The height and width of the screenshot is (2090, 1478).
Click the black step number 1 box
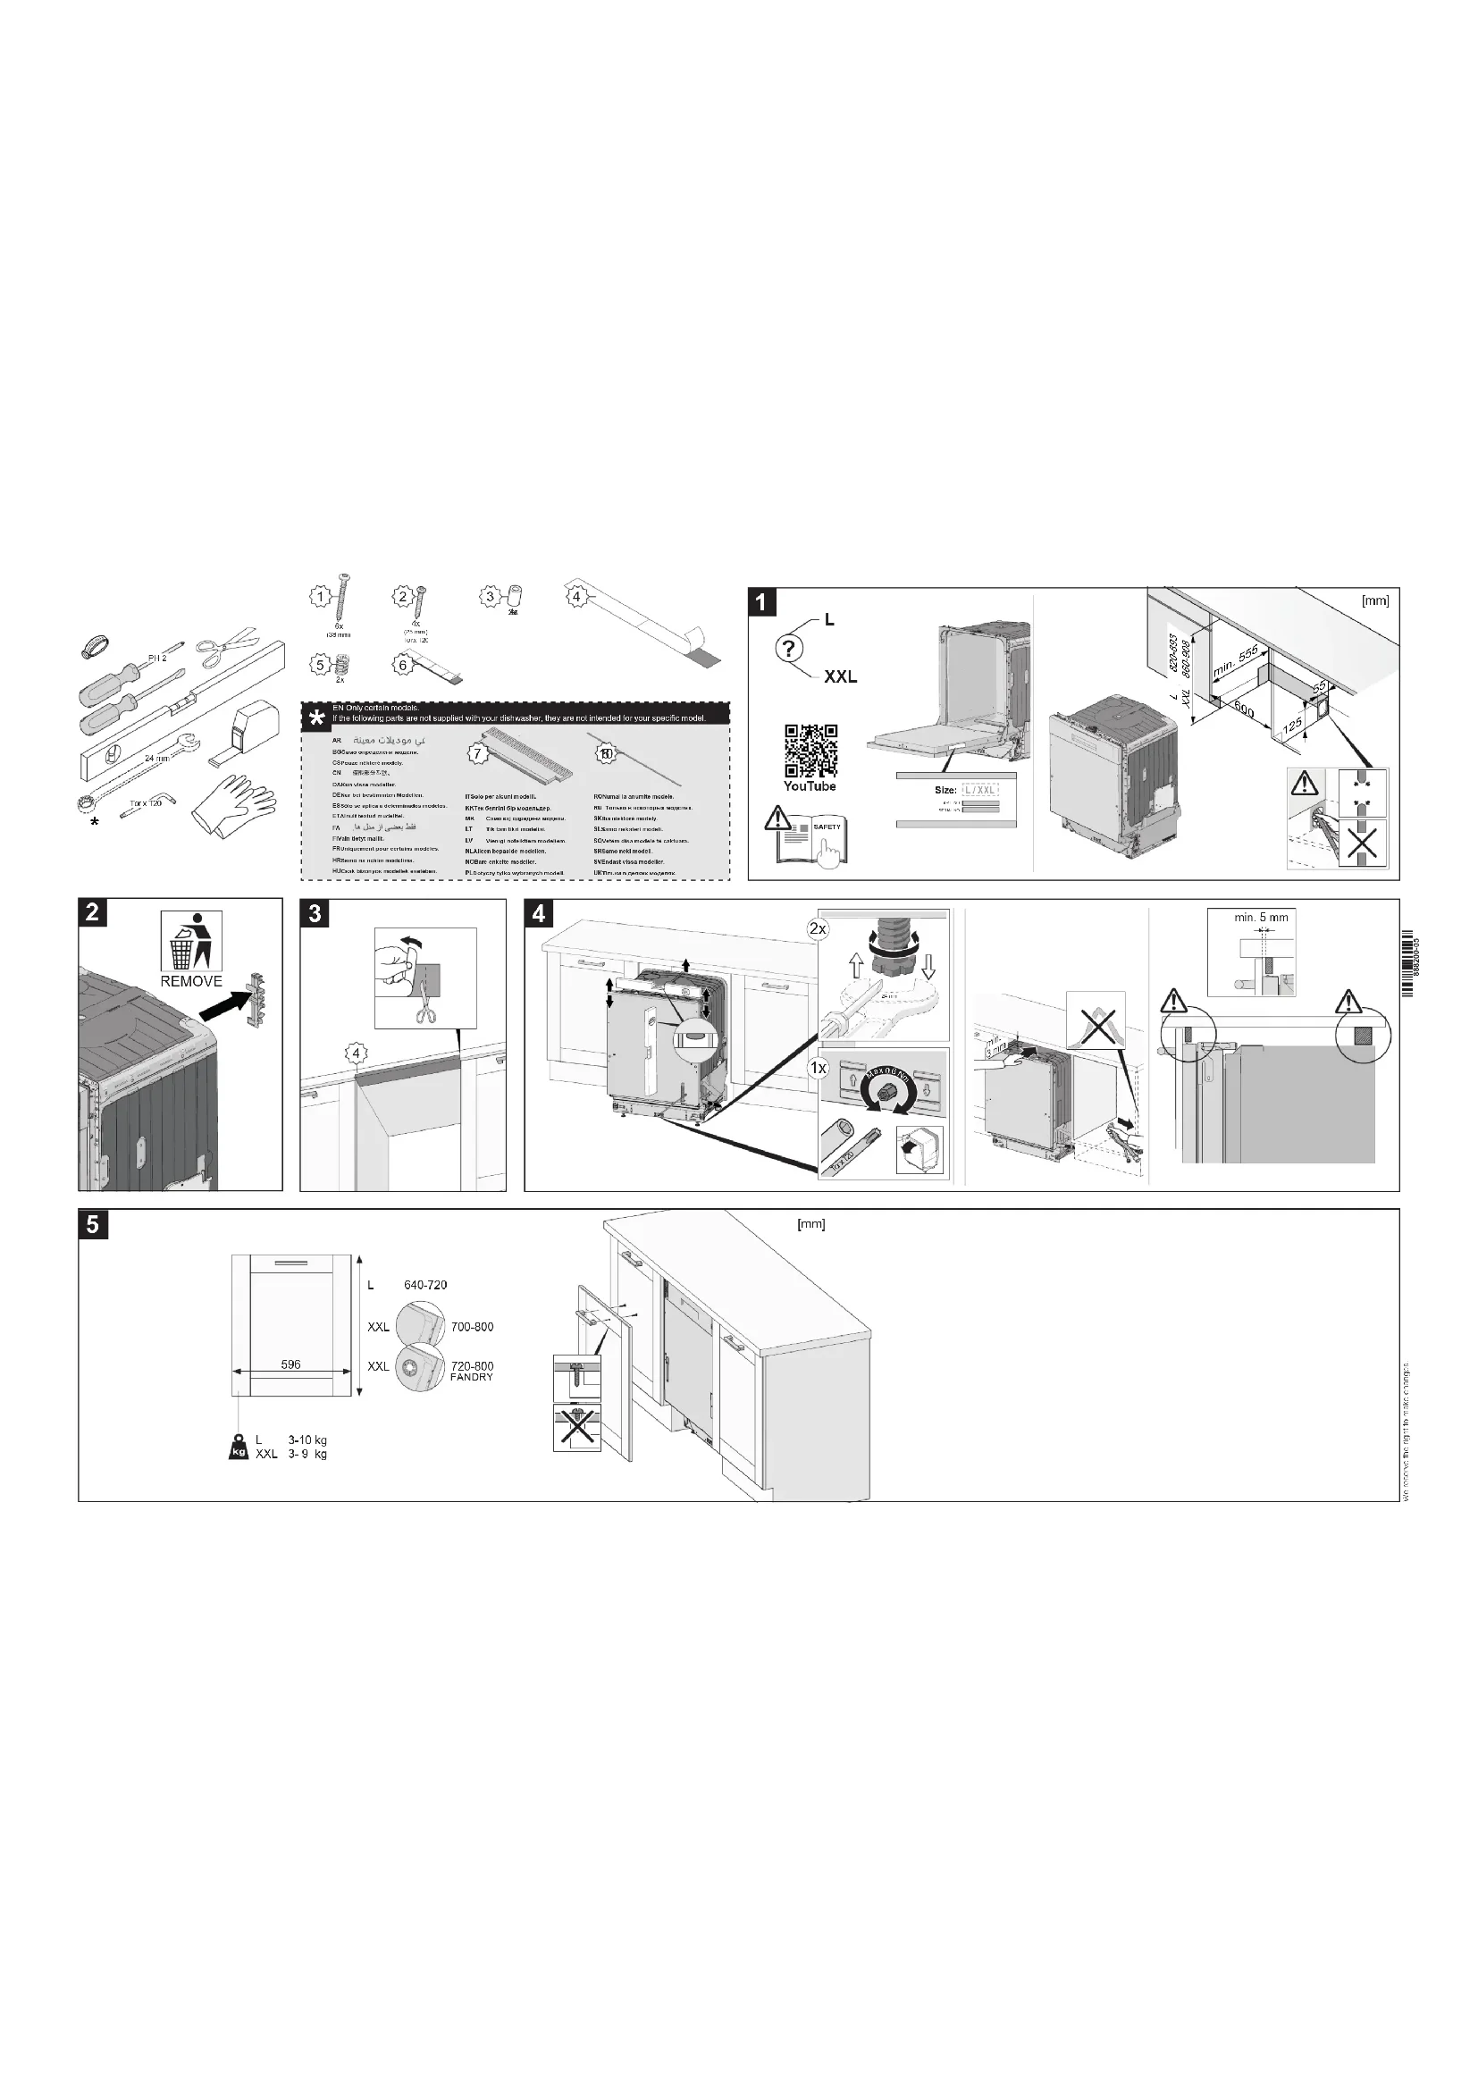762,601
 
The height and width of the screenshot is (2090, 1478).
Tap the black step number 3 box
315,913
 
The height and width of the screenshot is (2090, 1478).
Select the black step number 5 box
93,1224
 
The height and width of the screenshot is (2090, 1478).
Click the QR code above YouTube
810,751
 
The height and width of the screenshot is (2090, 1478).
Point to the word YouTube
810,786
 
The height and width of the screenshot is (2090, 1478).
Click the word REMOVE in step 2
191,981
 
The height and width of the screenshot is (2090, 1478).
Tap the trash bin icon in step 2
191,940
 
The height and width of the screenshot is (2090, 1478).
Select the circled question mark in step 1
789,649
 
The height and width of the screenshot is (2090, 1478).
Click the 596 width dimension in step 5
290,1364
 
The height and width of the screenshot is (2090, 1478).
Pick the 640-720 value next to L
425,1285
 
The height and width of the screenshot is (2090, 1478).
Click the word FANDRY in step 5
472,1377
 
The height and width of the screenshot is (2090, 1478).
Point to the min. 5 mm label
1261,918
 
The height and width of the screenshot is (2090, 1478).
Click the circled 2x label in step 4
818,929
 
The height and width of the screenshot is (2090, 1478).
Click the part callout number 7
475,754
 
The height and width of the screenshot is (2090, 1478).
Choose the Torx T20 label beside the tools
146,805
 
